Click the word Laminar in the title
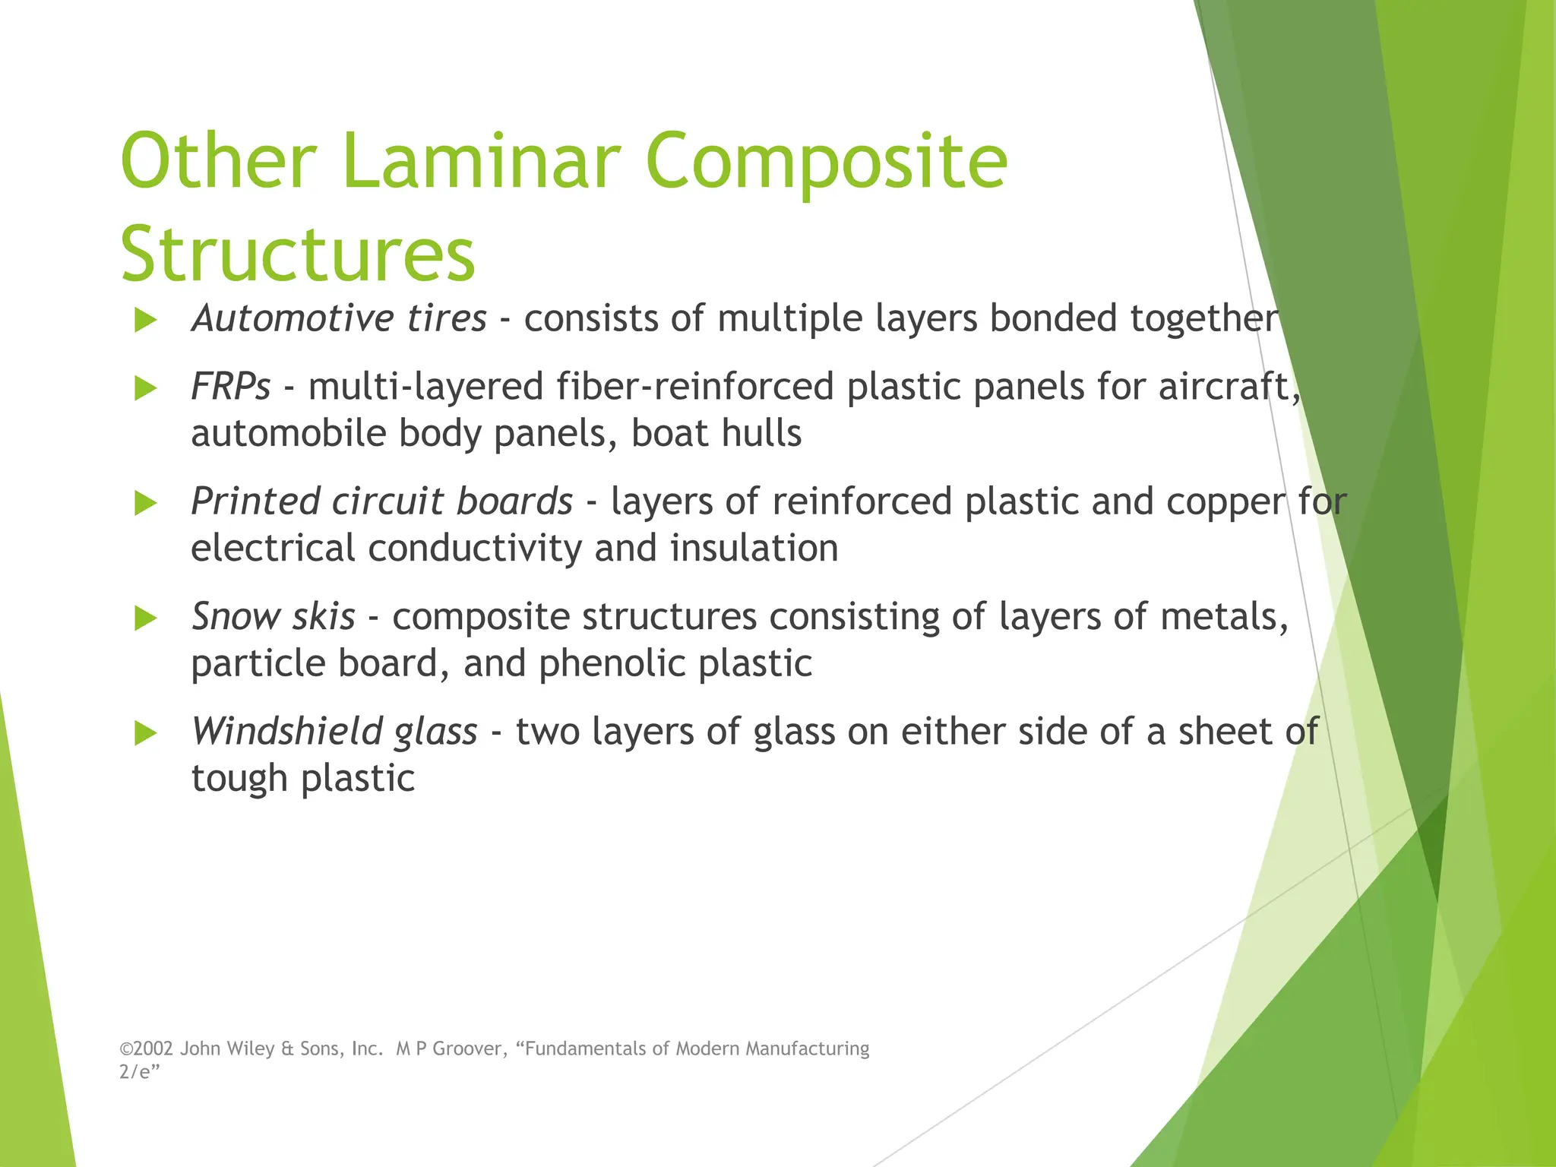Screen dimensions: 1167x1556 click(480, 161)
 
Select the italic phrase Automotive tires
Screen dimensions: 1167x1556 click(339, 318)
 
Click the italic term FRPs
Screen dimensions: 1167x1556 click(230, 387)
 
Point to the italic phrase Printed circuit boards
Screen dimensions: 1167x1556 click(381, 501)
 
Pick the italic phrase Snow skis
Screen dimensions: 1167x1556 click(273, 616)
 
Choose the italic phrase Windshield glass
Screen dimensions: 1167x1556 click(334, 731)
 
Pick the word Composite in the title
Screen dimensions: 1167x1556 click(826, 161)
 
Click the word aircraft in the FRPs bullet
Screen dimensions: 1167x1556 click(1224, 387)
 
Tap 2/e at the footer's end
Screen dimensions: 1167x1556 click(137, 1072)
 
